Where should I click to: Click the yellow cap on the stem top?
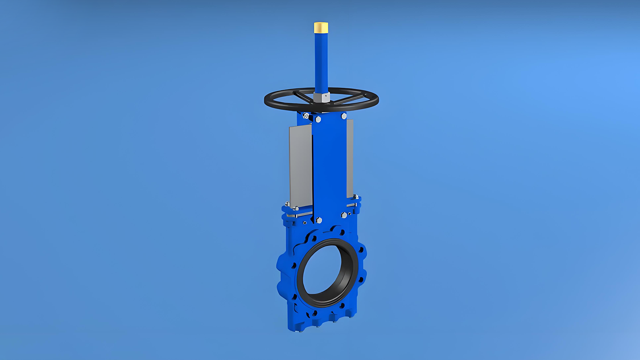tap(321, 27)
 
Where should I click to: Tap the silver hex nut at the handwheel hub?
tap(321, 97)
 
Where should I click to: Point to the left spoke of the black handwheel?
tap(303, 96)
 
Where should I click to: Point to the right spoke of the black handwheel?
tap(347, 99)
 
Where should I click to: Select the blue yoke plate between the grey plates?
tap(330, 167)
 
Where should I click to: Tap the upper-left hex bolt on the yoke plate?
tap(318, 119)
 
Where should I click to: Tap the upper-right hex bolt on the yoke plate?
tap(344, 116)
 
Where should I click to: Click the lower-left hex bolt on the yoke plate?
tap(319, 220)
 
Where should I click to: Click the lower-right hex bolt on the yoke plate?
tap(344, 215)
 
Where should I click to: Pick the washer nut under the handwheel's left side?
tap(306, 116)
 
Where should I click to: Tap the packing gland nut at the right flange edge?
tap(356, 197)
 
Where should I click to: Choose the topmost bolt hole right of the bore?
tap(361, 250)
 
